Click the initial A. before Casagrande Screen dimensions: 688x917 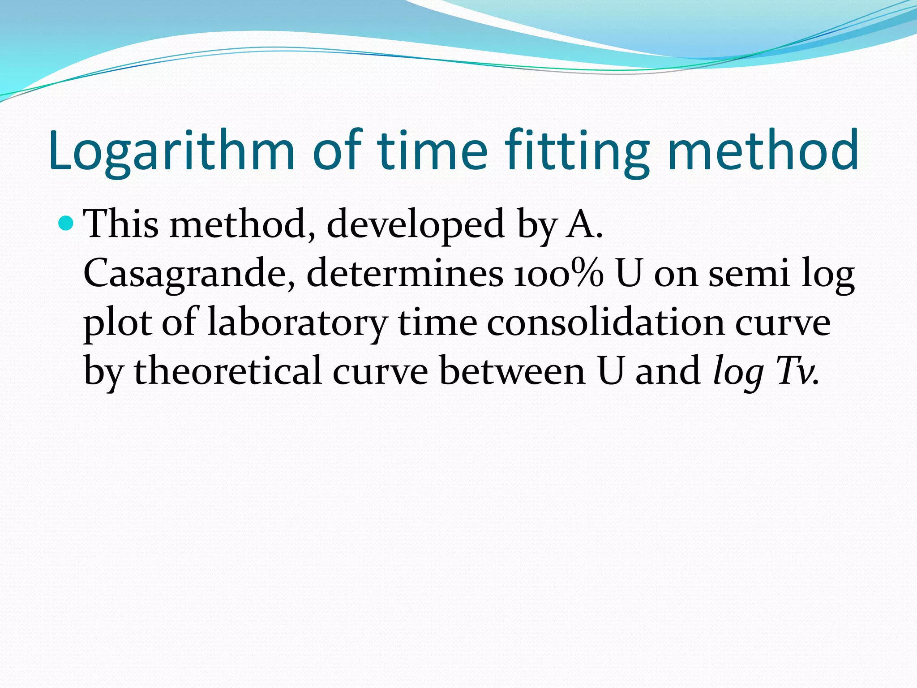point(585,224)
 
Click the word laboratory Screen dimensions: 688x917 point(297,323)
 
